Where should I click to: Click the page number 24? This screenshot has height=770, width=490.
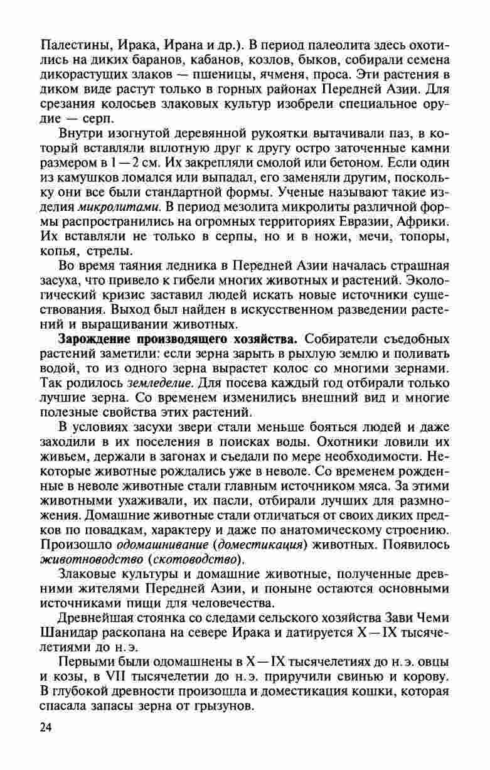point(47,727)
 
